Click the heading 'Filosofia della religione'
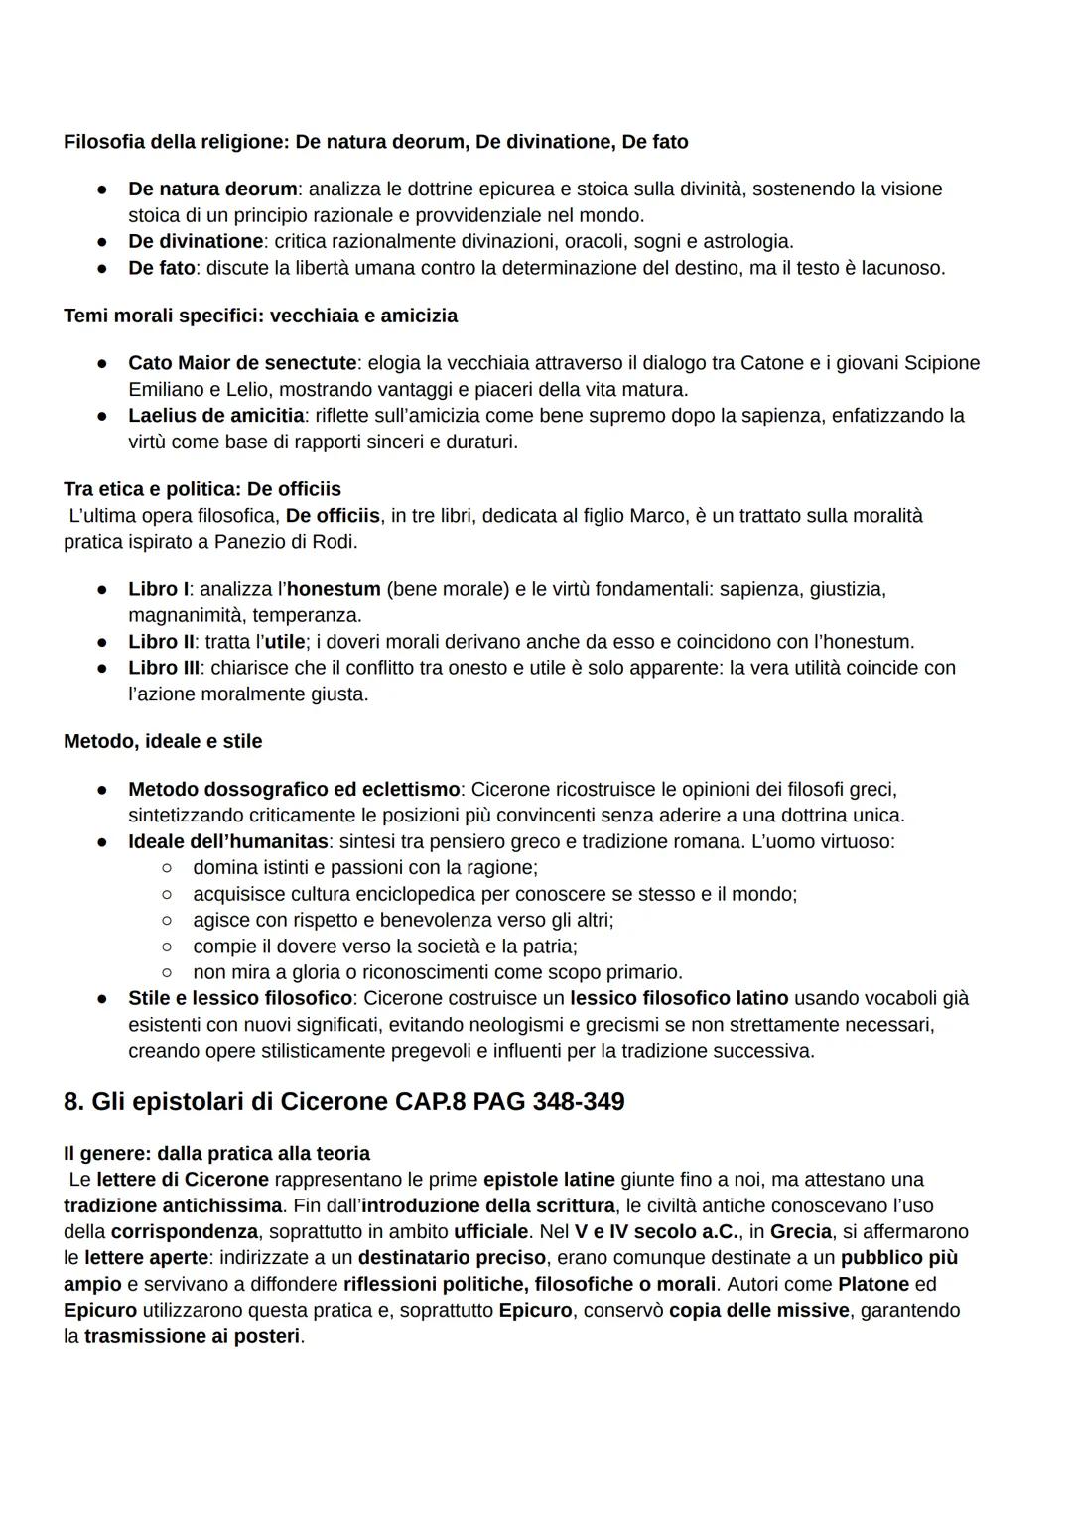tap(175, 142)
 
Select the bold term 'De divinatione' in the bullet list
tap(196, 241)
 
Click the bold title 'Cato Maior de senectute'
tap(241, 363)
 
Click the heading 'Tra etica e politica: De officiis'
tap(201, 489)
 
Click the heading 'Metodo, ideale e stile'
tap(163, 741)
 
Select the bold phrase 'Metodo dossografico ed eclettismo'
tap(294, 790)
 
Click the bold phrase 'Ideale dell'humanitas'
tap(227, 841)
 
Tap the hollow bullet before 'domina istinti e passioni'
tap(168, 868)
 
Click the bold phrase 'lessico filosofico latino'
tap(679, 998)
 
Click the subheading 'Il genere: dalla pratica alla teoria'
tap(216, 1154)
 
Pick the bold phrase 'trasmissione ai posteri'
tap(192, 1336)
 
